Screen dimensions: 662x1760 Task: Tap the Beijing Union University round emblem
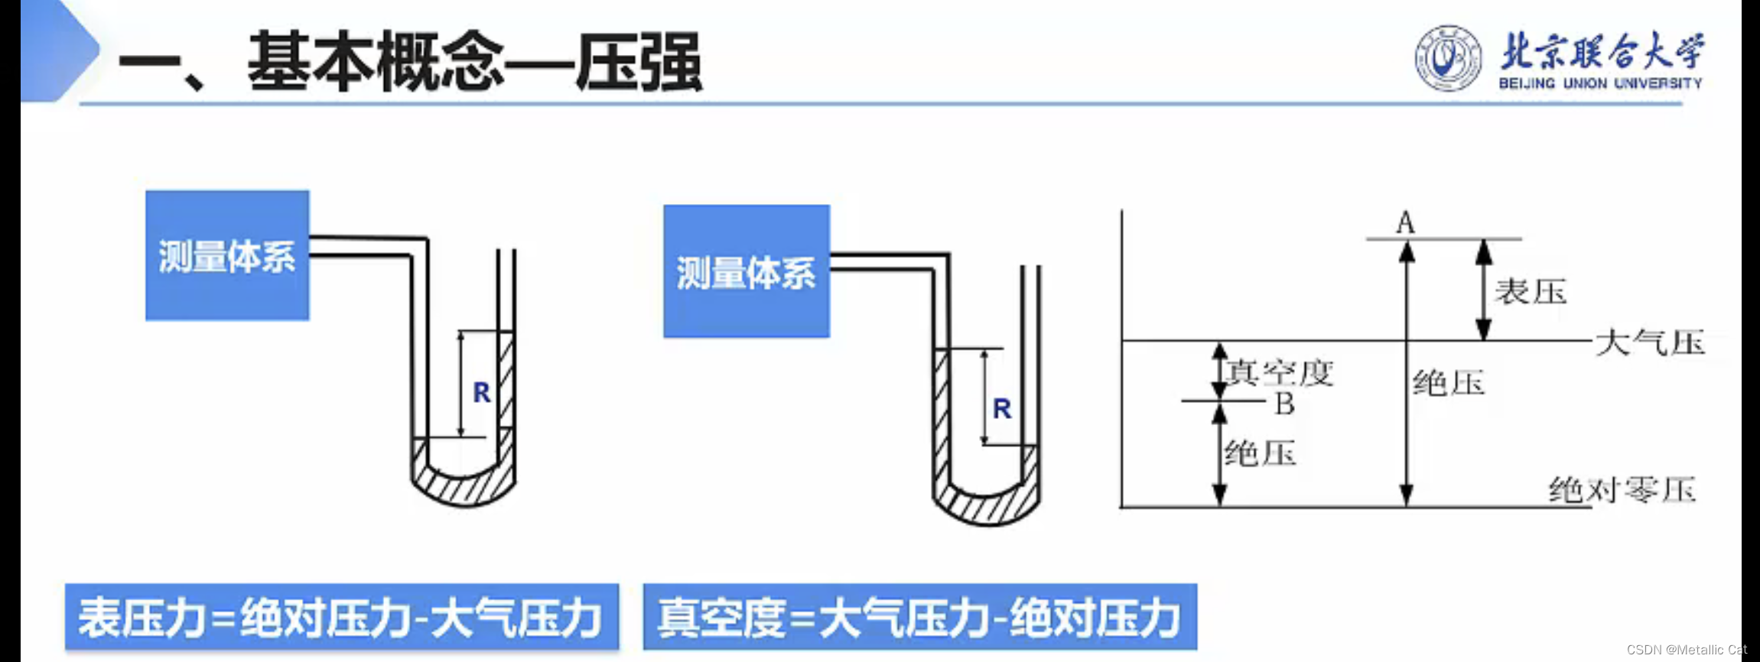pyautogui.click(x=1447, y=58)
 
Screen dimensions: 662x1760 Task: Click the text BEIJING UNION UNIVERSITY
pyautogui.click(x=1600, y=83)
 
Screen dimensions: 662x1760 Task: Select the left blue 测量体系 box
pyautogui.click(x=227, y=255)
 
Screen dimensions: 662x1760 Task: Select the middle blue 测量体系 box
pyautogui.click(x=746, y=271)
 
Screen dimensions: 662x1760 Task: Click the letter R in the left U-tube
pyautogui.click(x=481, y=393)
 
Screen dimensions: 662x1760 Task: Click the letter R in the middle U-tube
pyautogui.click(x=1002, y=409)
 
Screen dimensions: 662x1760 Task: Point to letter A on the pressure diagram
pyautogui.click(x=1405, y=223)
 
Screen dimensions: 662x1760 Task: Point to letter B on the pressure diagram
pyautogui.click(x=1284, y=404)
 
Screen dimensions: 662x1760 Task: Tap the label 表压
pyautogui.click(x=1531, y=292)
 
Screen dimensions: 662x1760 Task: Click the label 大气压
pyautogui.click(x=1650, y=342)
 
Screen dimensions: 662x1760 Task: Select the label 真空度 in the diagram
pyautogui.click(x=1280, y=373)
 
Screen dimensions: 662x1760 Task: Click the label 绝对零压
pyautogui.click(x=1622, y=489)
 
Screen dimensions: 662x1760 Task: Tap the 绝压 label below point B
pyautogui.click(x=1260, y=454)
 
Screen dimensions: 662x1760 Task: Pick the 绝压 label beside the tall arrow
pyautogui.click(x=1448, y=383)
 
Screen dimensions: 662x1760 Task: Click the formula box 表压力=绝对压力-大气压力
pyautogui.click(x=341, y=617)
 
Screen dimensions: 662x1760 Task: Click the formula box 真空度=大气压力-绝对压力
pyautogui.click(x=919, y=617)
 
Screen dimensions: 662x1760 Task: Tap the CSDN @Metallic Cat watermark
pyautogui.click(x=1686, y=650)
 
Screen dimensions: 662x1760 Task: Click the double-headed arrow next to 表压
pyautogui.click(x=1484, y=290)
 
